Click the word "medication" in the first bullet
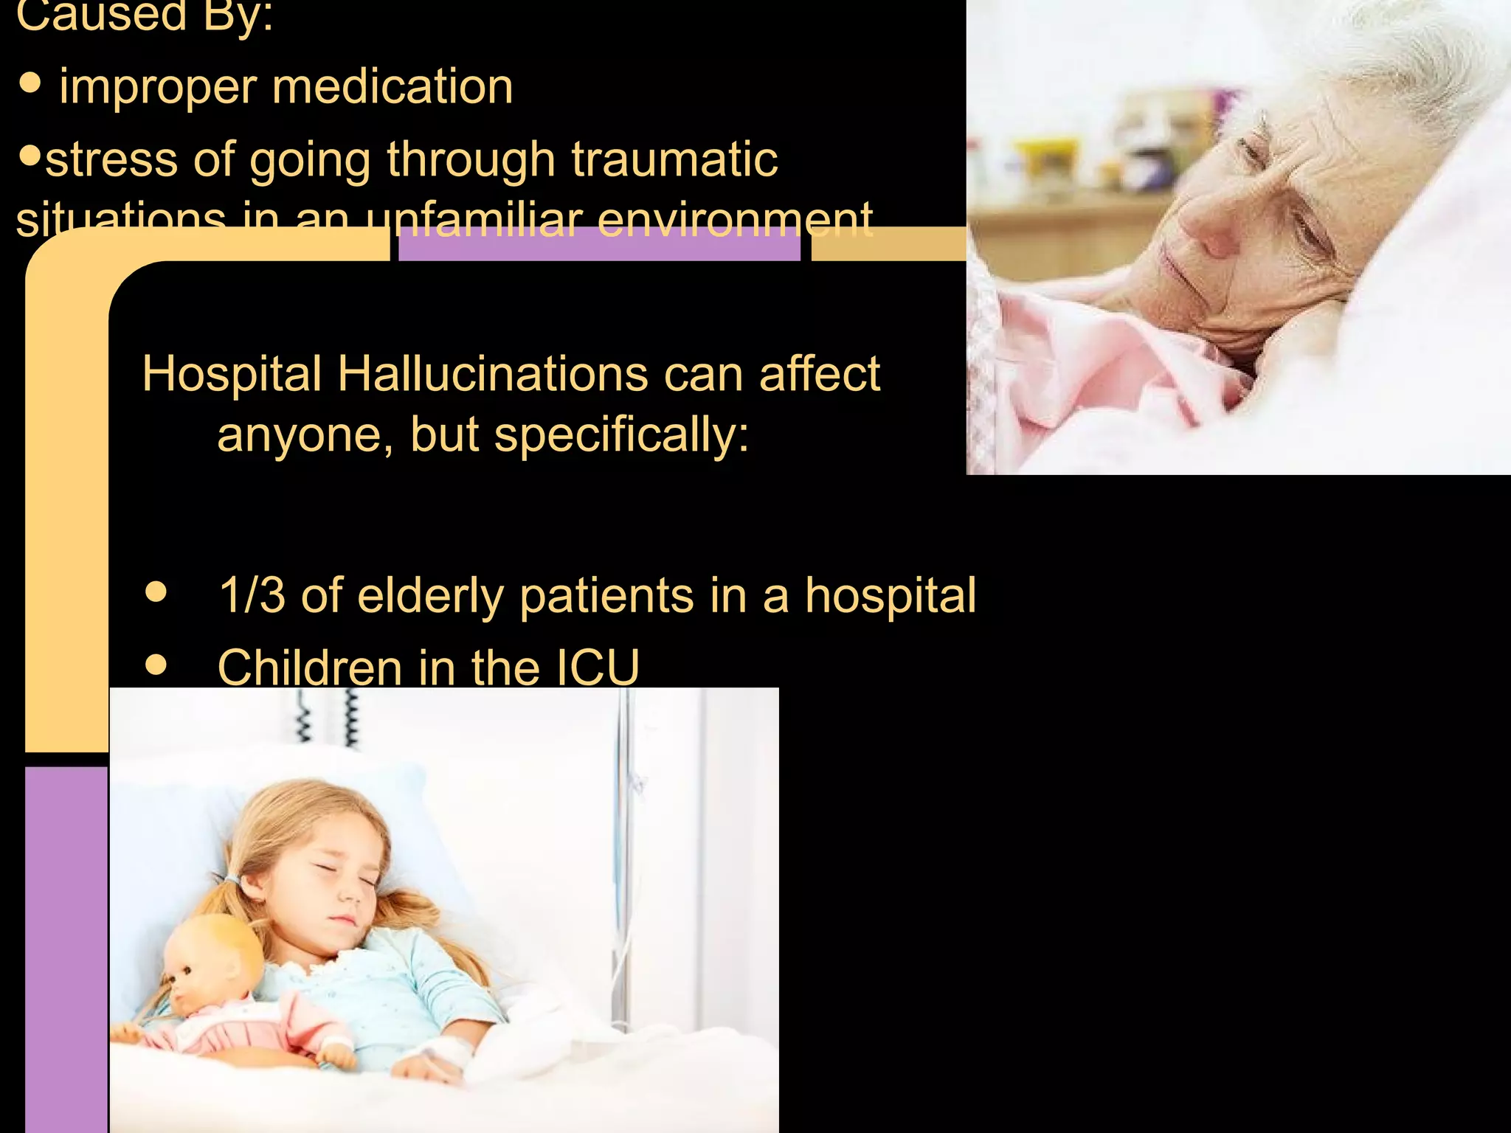point(392,87)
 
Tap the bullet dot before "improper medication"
point(30,83)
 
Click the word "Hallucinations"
point(493,373)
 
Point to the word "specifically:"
point(621,434)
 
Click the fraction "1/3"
point(252,595)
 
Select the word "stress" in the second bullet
point(111,159)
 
